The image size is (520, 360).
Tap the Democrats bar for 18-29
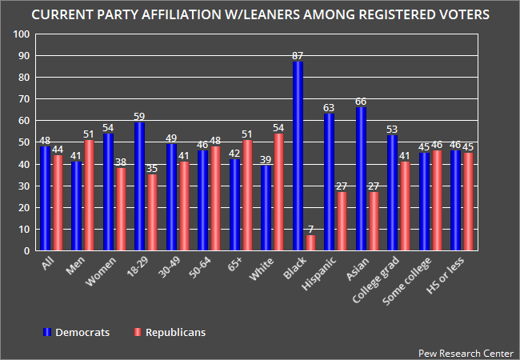[x=139, y=186]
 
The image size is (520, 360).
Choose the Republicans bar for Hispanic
[x=342, y=221]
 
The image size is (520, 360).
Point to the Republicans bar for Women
[x=121, y=209]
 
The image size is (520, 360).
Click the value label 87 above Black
[x=298, y=55]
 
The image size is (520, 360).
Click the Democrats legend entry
[x=77, y=330]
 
